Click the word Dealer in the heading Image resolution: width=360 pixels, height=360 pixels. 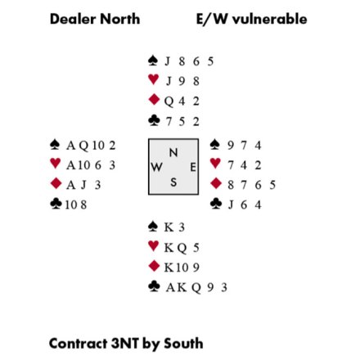[73, 19]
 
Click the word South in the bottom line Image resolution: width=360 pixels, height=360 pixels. [183, 344]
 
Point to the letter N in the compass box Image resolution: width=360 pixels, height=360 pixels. [173, 153]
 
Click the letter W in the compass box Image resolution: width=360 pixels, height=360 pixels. [156, 167]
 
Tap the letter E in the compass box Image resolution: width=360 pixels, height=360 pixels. [193, 167]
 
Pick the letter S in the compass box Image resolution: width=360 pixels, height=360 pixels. [173, 182]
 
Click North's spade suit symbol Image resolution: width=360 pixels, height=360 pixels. [153, 61]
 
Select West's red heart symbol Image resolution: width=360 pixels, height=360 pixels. [56, 164]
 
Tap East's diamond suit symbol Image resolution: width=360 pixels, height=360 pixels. [216, 183]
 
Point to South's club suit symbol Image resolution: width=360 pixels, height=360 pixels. [154, 286]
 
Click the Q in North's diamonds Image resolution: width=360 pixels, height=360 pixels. [169, 101]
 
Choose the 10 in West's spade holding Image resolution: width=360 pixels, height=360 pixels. [98, 146]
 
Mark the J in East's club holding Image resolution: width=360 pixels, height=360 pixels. [231, 205]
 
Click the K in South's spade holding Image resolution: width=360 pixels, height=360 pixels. [169, 227]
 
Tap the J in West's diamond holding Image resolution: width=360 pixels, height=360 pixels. [83, 185]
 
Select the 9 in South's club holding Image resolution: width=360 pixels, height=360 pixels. [210, 287]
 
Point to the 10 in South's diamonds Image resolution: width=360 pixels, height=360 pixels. [182, 268]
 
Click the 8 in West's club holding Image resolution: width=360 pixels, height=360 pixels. [83, 205]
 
